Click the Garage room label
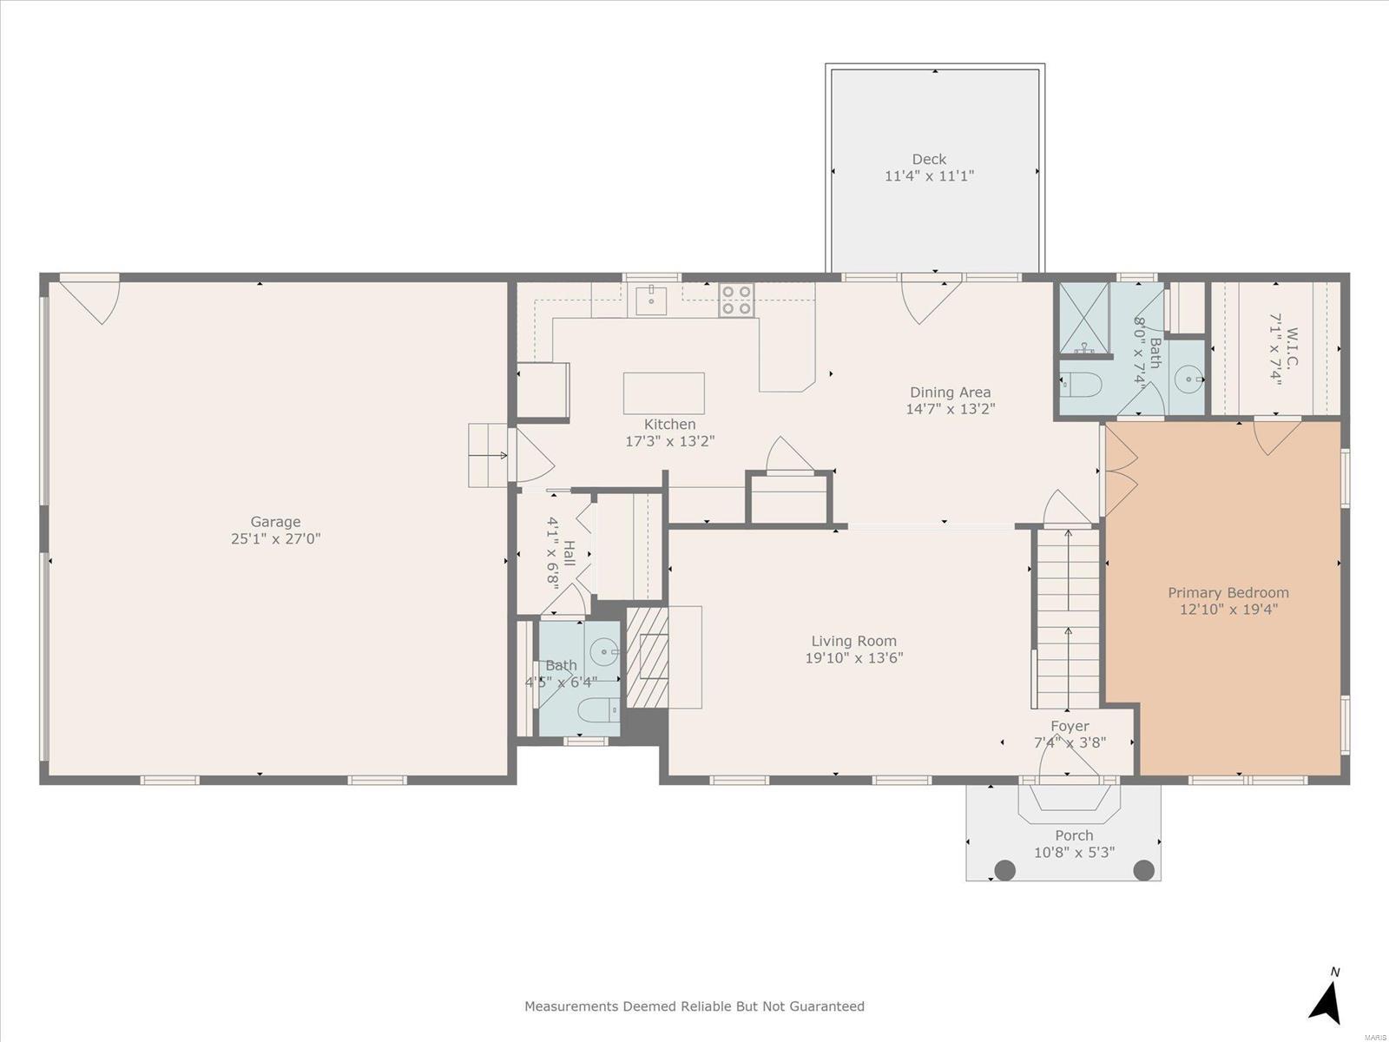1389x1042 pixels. click(275, 522)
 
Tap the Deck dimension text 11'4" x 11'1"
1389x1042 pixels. click(929, 176)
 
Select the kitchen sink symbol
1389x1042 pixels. click(651, 300)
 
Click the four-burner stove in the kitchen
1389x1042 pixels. click(736, 300)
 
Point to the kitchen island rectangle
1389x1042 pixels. click(664, 392)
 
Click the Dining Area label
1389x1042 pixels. click(951, 392)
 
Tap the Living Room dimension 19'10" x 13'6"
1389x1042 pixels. click(853, 658)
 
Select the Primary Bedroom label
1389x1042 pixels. click(1228, 593)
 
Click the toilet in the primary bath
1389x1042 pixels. click(1081, 384)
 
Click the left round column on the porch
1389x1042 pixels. click(1005, 871)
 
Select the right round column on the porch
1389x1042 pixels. click(1143, 871)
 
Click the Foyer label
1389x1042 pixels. click(1070, 726)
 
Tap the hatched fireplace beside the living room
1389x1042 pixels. click(648, 657)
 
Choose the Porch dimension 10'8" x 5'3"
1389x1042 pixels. click(1075, 853)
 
